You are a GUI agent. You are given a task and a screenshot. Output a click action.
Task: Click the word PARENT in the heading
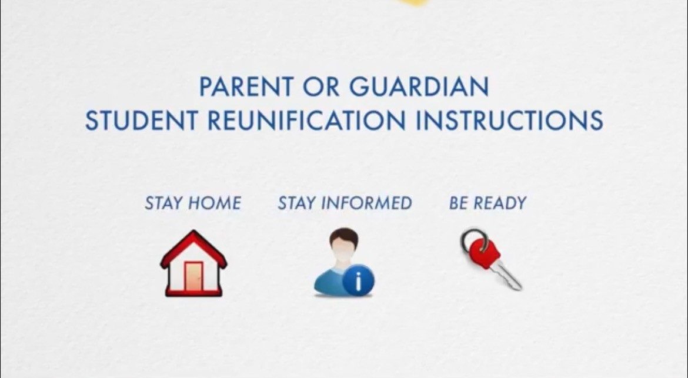tap(246, 86)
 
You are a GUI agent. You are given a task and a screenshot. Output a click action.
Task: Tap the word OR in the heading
tap(320, 86)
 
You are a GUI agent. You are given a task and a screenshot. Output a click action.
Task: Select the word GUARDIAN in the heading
tap(419, 86)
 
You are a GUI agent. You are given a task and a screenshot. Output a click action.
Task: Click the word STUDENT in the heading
tap(141, 120)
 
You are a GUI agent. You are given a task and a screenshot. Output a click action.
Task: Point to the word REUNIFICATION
tap(306, 120)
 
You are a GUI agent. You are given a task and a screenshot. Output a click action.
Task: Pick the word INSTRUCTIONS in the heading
tap(509, 120)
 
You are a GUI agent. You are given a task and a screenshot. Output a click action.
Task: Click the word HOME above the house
tap(215, 203)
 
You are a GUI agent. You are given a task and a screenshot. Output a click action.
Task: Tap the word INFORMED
tap(366, 203)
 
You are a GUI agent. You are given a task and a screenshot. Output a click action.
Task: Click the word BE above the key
tap(459, 203)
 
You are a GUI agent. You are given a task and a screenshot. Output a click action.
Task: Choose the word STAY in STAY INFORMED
tap(297, 203)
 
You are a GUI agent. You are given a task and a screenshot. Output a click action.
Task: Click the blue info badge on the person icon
tap(359, 279)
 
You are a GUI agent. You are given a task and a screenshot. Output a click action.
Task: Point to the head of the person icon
tap(344, 244)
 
